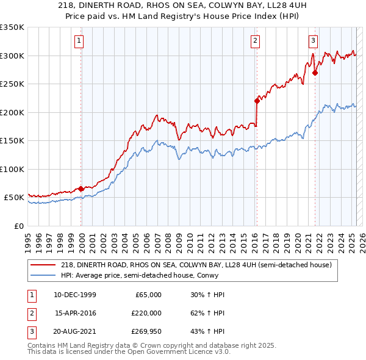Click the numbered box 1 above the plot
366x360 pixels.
[x=80, y=41]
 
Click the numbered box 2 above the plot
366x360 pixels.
[x=255, y=41]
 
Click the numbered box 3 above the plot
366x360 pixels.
[x=313, y=41]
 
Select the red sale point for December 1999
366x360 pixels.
[x=81, y=189]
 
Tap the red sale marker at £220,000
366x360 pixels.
[x=257, y=101]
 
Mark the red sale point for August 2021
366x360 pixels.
[x=315, y=73]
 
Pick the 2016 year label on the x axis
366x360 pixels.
[x=254, y=237]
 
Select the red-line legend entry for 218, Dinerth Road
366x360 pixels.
[x=196, y=265]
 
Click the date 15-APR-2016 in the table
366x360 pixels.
[x=75, y=312]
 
